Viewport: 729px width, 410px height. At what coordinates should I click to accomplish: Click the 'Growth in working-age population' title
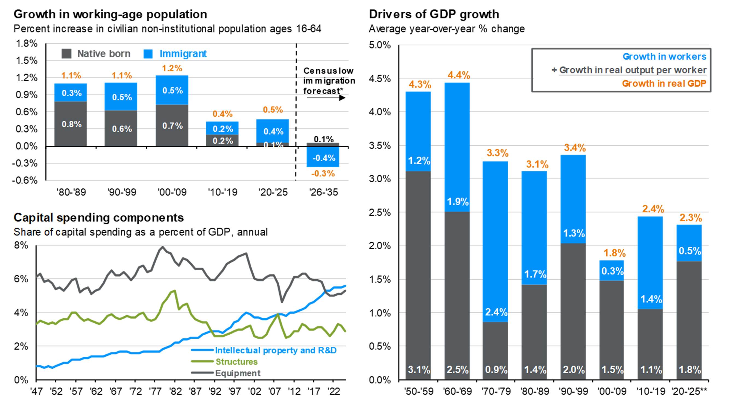tap(110, 14)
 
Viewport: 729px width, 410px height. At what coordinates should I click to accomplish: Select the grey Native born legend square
tap(66, 54)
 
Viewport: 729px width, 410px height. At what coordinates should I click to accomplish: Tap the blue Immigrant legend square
tap(148, 54)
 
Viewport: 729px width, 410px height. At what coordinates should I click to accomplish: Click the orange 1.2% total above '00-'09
tap(172, 68)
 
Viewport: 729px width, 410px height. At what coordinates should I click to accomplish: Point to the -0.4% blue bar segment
tap(323, 158)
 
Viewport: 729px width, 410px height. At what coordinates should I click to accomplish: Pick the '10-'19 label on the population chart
tap(223, 192)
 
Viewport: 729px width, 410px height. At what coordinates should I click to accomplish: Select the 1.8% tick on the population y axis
tap(26, 43)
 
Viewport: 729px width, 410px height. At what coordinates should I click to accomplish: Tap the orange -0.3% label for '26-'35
tap(323, 174)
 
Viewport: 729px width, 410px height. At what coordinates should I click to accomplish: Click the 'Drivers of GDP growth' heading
tap(434, 14)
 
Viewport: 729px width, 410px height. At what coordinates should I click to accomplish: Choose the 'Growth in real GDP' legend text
tap(664, 83)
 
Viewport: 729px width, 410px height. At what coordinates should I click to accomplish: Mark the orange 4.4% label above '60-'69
tap(459, 75)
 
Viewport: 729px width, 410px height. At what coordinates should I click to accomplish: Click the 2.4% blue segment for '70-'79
tap(496, 312)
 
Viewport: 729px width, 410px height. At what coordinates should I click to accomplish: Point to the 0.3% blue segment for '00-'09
tap(612, 271)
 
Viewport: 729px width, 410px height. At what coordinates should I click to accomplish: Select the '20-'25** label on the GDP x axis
tap(689, 391)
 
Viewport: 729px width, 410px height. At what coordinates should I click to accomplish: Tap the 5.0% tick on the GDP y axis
tap(379, 45)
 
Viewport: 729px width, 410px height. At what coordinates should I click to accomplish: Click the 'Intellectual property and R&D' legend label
tap(276, 350)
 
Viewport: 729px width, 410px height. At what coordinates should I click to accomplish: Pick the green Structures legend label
tap(237, 362)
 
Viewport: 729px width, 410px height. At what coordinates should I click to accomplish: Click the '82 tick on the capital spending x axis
tap(175, 391)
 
